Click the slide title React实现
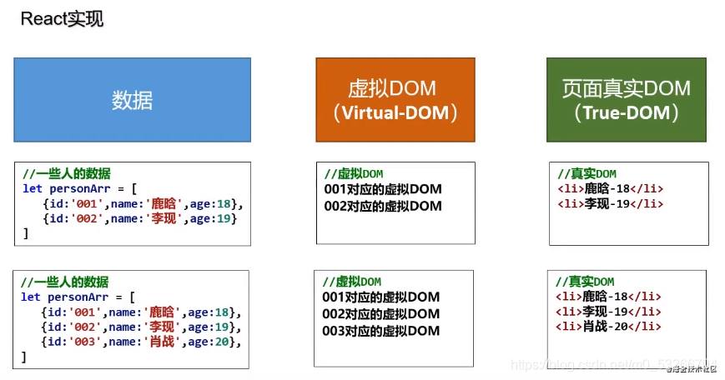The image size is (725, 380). pos(62,19)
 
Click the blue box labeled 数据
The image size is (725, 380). pos(132,100)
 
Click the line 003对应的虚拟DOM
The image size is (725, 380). pos(380,331)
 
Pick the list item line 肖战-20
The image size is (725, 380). pos(608,326)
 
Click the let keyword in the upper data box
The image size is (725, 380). pos(32,188)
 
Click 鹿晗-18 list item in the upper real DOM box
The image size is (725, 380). pos(610,188)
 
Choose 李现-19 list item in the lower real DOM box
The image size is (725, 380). pos(608,311)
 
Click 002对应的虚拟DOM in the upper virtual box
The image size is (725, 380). pos(383,206)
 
